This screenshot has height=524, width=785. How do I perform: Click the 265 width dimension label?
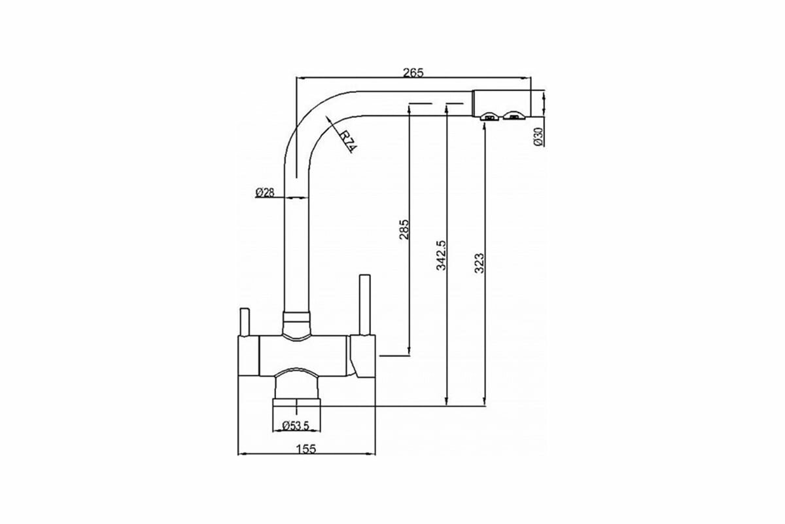click(x=413, y=73)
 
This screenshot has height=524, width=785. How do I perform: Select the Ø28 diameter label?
click(x=265, y=193)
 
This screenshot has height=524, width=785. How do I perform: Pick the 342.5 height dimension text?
click(x=441, y=255)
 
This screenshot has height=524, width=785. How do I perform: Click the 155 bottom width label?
click(x=305, y=449)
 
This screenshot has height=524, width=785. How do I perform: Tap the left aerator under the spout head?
click(x=489, y=117)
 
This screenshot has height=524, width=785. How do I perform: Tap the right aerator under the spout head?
click(x=514, y=117)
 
